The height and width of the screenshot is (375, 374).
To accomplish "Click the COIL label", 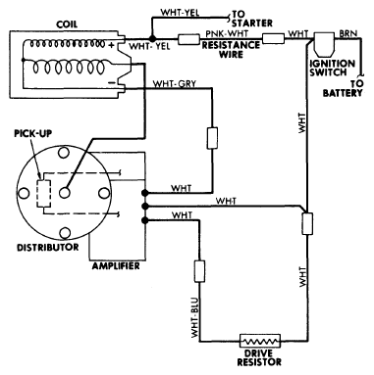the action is [67, 24].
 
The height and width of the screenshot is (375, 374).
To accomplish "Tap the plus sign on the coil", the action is [111, 45].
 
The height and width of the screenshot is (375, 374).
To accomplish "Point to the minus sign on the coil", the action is [112, 83].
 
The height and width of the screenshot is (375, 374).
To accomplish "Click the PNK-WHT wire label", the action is [227, 33].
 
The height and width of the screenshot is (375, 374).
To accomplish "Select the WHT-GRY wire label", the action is [175, 84].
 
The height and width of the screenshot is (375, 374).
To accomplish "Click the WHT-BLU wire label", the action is [195, 317].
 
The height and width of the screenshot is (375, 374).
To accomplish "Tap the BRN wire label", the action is [348, 33].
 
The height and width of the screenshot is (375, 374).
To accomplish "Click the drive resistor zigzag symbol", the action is [260, 341].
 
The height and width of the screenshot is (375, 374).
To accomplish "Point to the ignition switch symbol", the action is [324, 45].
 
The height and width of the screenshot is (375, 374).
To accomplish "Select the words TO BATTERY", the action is [343, 88].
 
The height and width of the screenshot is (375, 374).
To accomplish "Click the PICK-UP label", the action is [32, 133].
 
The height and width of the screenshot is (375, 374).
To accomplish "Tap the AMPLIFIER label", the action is [116, 266].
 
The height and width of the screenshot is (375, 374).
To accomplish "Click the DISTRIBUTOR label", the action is [48, 247].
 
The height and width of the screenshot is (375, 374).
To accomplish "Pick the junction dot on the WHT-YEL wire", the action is [151, 38].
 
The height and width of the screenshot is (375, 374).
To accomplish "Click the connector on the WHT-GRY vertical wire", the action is [212, 138].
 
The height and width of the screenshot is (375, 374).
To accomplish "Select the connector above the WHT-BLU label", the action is [199, 271].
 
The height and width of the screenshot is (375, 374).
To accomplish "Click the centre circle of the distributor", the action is [65, 193].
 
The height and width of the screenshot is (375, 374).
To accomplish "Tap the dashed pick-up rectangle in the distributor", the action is [44, 193].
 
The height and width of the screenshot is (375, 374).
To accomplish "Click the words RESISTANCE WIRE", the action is [231, 50].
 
